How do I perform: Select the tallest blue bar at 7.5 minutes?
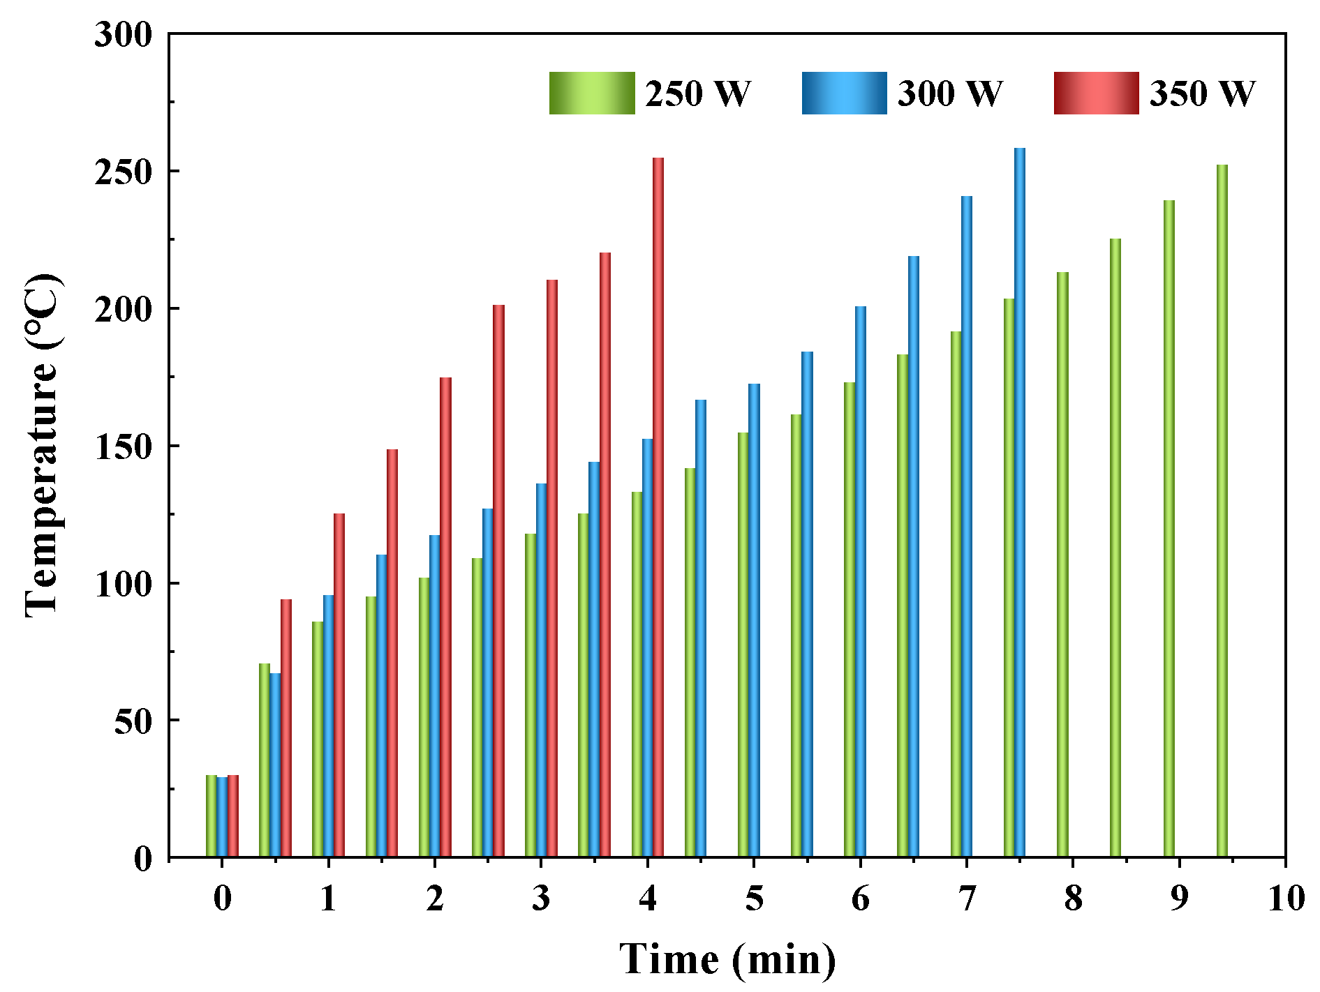(x=1020, y=502)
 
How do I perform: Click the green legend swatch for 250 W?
(x=592, y=93)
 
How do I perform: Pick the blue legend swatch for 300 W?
(x=844, y=93)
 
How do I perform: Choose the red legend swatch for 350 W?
(x=1096, y=93)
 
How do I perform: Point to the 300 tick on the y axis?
(x=123, y=34)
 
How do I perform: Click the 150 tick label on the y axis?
(x=123, y=446)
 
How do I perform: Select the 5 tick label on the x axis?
(x=754, y=899)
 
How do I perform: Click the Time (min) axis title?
(x=727, y=959)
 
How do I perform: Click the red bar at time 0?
(x=233, y=816)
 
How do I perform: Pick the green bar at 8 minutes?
(x=1062, y=564)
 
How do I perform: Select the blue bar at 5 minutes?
(x=754, y=620)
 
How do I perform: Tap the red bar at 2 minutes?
(x=445, y=617)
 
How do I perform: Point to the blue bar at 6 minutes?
(x=860, y=582)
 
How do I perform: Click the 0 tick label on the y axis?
(x=142, y=858)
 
